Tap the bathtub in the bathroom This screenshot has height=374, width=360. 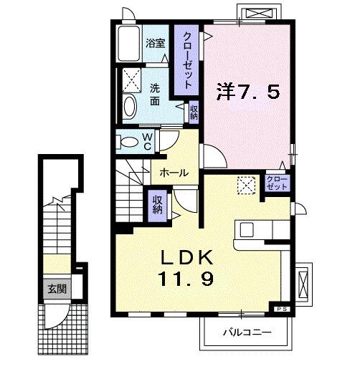(x=129, y=46)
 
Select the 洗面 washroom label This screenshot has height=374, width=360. (x=155, y=95)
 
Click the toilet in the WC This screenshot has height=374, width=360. (x=129, y=141)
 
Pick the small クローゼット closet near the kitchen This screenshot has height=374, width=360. (x=274, y=181)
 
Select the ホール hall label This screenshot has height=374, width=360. (x=174, y=173)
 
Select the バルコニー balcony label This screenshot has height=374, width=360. (x=245, y=332)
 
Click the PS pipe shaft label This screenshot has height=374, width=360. (x=280, y=309)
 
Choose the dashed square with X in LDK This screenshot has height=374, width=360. (x=247, y=185)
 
